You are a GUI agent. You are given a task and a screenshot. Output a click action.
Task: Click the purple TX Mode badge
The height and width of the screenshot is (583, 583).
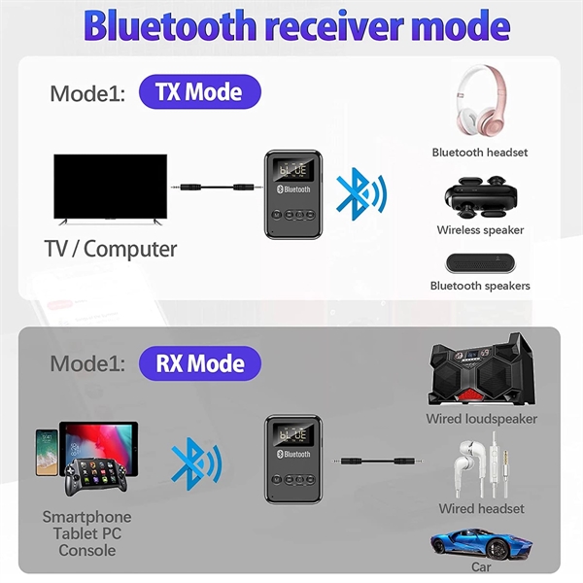(200, 92)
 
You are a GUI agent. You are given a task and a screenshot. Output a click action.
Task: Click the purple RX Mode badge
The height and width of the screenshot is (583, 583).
(200, 363)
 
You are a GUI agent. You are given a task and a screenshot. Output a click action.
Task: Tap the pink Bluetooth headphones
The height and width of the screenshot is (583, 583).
(481, 101)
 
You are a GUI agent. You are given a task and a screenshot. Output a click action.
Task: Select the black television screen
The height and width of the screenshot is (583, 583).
(111, 187)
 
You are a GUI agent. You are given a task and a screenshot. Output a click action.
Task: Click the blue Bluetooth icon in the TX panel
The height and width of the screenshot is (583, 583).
(361, 193)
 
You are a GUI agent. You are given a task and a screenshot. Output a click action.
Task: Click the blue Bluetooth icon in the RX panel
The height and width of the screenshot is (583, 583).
(196, 463)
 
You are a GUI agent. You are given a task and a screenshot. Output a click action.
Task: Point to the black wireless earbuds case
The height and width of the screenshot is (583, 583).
(481, 198)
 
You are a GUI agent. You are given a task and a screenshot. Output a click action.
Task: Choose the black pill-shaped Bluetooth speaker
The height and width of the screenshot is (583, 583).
(480, 263)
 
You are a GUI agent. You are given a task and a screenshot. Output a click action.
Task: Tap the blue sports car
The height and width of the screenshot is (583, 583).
(482, 543)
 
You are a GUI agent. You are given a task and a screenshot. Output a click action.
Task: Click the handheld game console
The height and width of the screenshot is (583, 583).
(96, 477)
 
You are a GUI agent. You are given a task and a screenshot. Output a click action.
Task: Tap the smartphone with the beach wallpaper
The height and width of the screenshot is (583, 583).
(47, 453)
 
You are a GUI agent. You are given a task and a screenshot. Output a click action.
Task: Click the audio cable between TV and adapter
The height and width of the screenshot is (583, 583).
(212, 187)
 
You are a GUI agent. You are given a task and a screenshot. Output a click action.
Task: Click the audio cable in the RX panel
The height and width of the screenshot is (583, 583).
(377, 462)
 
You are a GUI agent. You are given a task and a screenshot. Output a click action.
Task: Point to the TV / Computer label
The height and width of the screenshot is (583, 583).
(111, 249)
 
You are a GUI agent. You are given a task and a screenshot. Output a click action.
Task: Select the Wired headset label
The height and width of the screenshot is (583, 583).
(482, 508)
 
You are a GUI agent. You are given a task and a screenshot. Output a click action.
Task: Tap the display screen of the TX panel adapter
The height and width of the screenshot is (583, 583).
(293, 170)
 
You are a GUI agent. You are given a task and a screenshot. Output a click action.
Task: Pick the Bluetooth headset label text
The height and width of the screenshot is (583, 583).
(480, 153)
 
